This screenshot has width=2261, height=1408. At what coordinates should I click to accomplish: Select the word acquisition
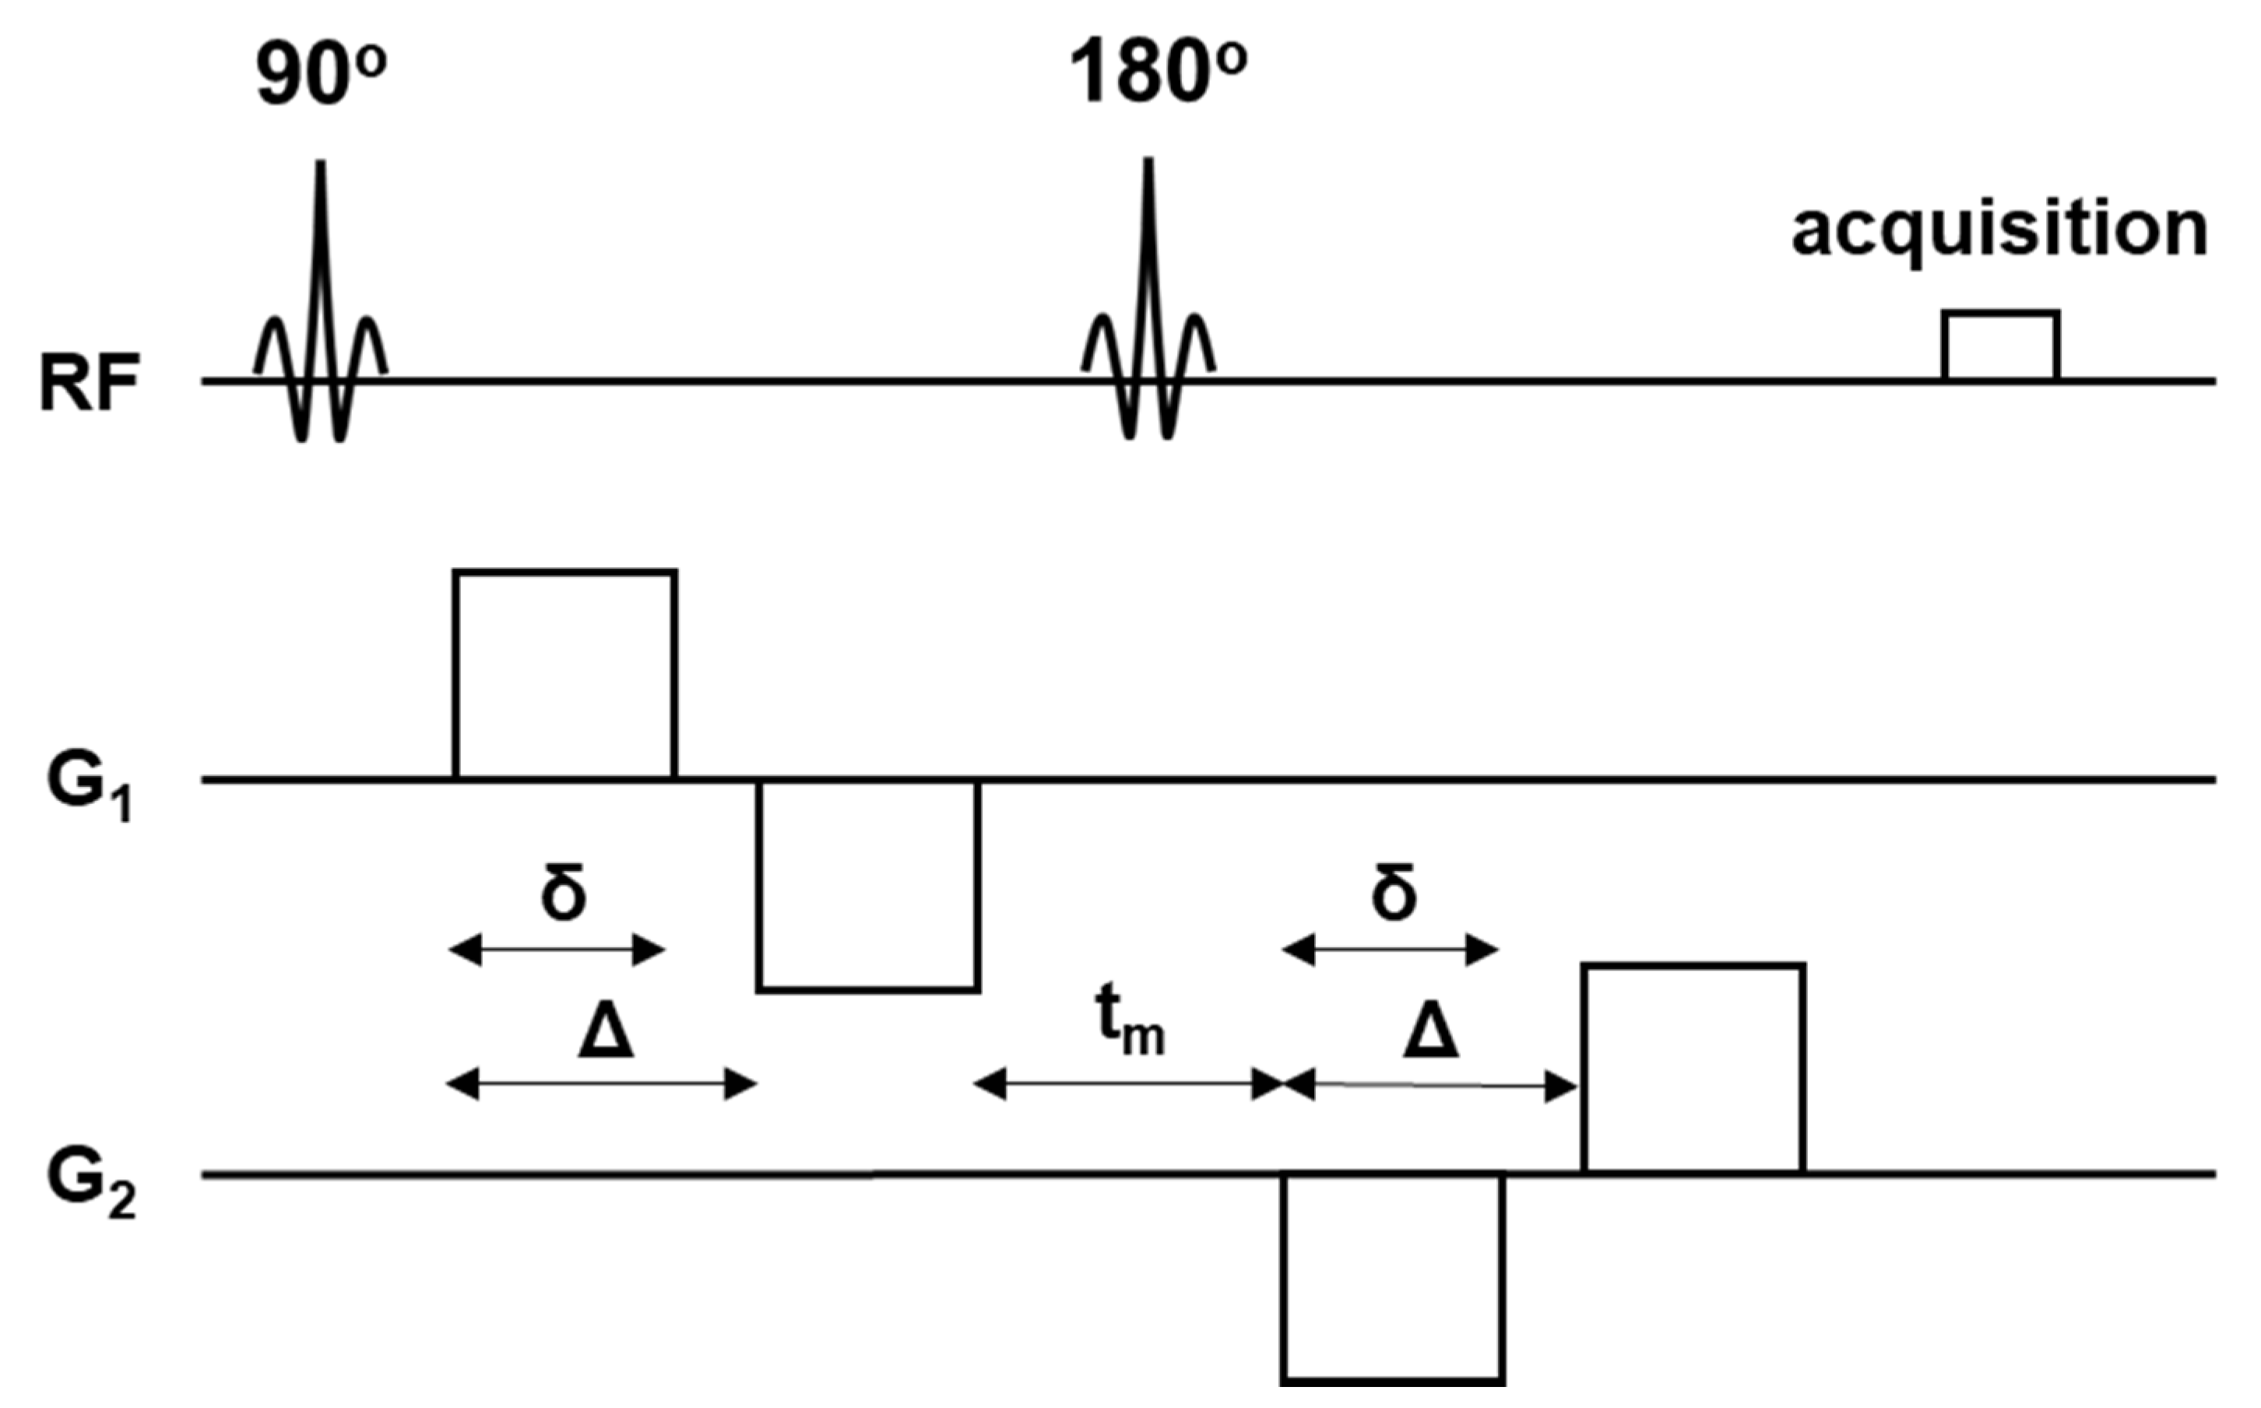[x=1999, y=230]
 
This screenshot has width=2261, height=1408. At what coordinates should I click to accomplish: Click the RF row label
[x=90, y=384]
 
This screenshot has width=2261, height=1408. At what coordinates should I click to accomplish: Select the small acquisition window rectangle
[x=2000, y=346]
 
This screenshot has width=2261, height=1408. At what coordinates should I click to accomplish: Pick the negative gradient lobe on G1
[x=868, y=885]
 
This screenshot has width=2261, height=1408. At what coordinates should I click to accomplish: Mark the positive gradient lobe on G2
[x=1695, y=1069]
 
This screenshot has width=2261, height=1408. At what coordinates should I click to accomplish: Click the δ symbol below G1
[x=564, y=892]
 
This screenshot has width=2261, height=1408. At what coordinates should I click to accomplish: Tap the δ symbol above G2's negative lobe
[x=1394, y=892]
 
